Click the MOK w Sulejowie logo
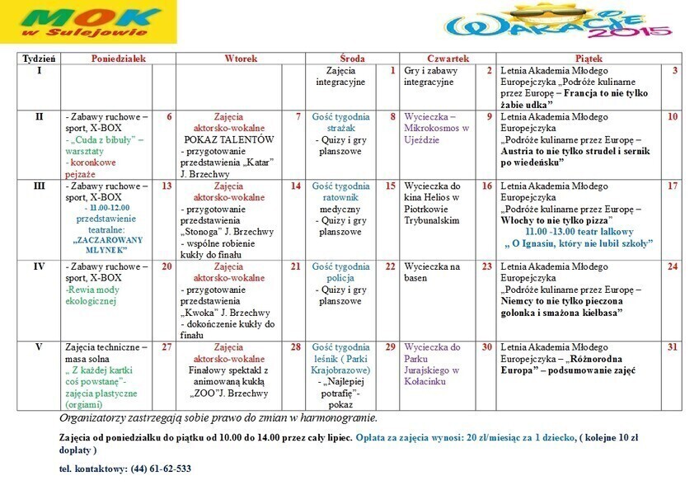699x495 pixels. (88, 22)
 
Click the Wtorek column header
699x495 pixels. (241, 59)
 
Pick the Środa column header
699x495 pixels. (352, 59)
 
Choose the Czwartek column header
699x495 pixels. (448, 59)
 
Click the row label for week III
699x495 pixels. (39, 186)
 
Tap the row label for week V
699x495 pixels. (39, 347)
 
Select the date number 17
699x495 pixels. (673, 186)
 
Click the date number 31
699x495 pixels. (673, 347)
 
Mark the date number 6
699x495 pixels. (169, 117)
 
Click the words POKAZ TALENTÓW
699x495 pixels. (228, 140)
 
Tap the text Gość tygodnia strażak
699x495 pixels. (340, 123)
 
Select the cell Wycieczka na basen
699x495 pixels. (433, 272)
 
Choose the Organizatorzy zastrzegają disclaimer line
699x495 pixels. (218, 418)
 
